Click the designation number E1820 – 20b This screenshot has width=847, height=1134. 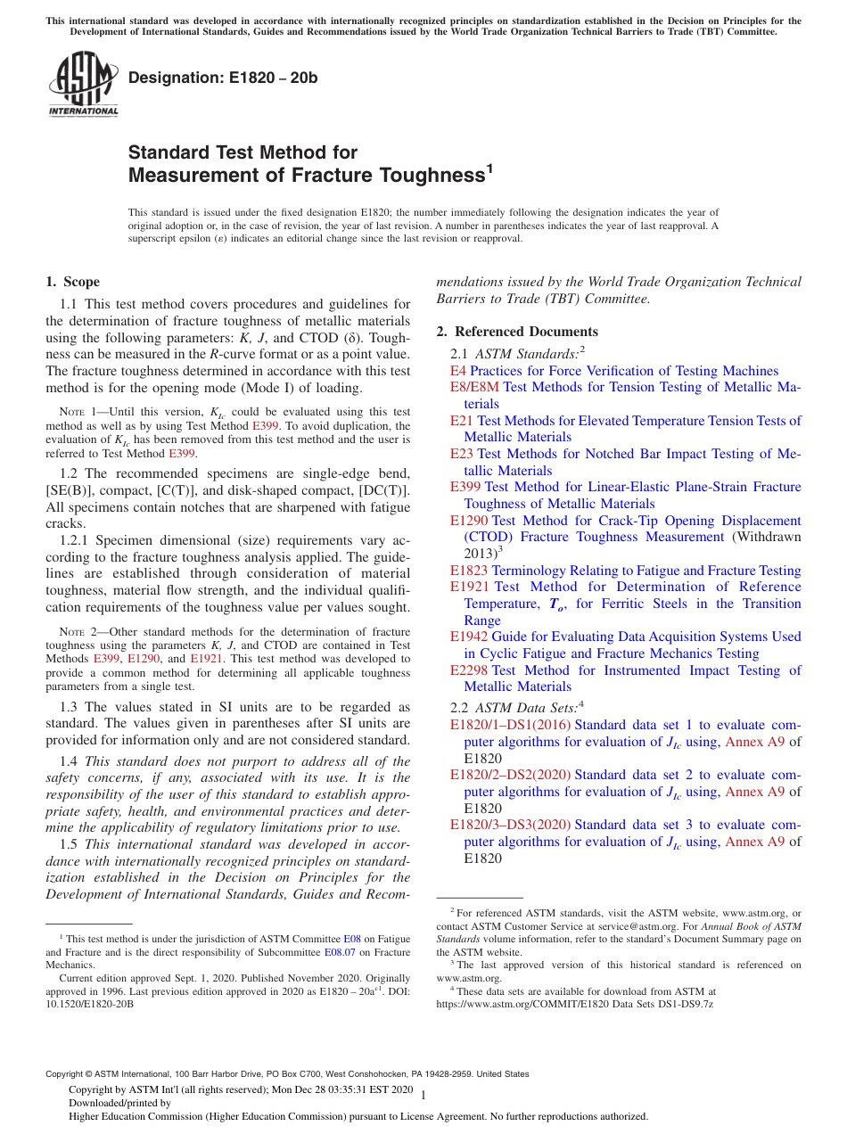pos(223,78)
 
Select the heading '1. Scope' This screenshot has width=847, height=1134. pos(72,283)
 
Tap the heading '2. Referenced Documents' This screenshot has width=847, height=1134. pos(517,332)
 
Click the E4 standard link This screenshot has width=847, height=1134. pos(458,371)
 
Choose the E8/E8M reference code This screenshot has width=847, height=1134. pos(475,387)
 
